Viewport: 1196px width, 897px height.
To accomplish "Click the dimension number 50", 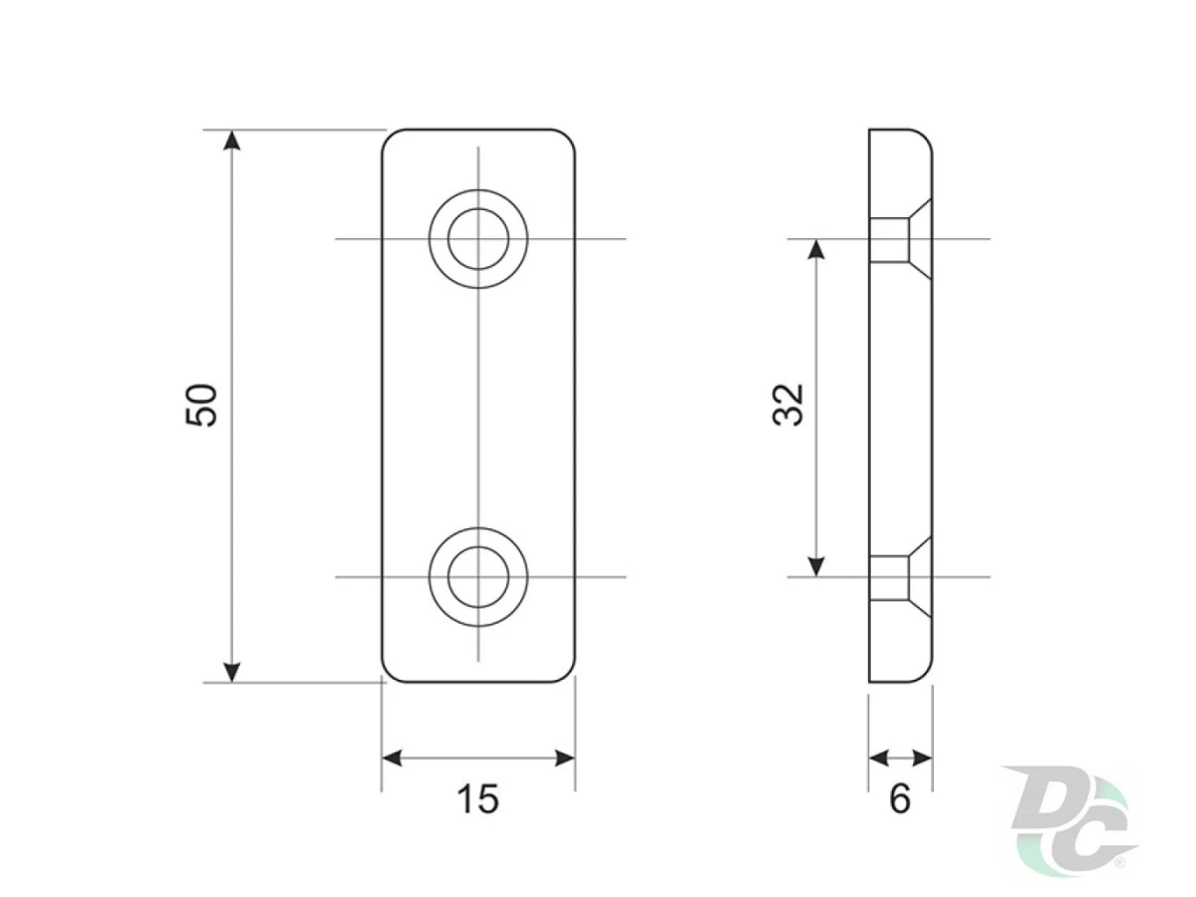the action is coord(201,406).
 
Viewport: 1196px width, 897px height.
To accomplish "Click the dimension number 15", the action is coord(477,799).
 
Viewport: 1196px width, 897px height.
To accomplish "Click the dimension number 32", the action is coord(788,406).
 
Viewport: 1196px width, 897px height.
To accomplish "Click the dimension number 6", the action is coord(900,799).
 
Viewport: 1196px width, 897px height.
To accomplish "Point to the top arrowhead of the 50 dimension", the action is coord(232,140).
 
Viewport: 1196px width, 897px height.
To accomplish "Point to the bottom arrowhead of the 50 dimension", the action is coord(232,672).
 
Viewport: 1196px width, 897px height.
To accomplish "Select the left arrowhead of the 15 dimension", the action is coord(392,757).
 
